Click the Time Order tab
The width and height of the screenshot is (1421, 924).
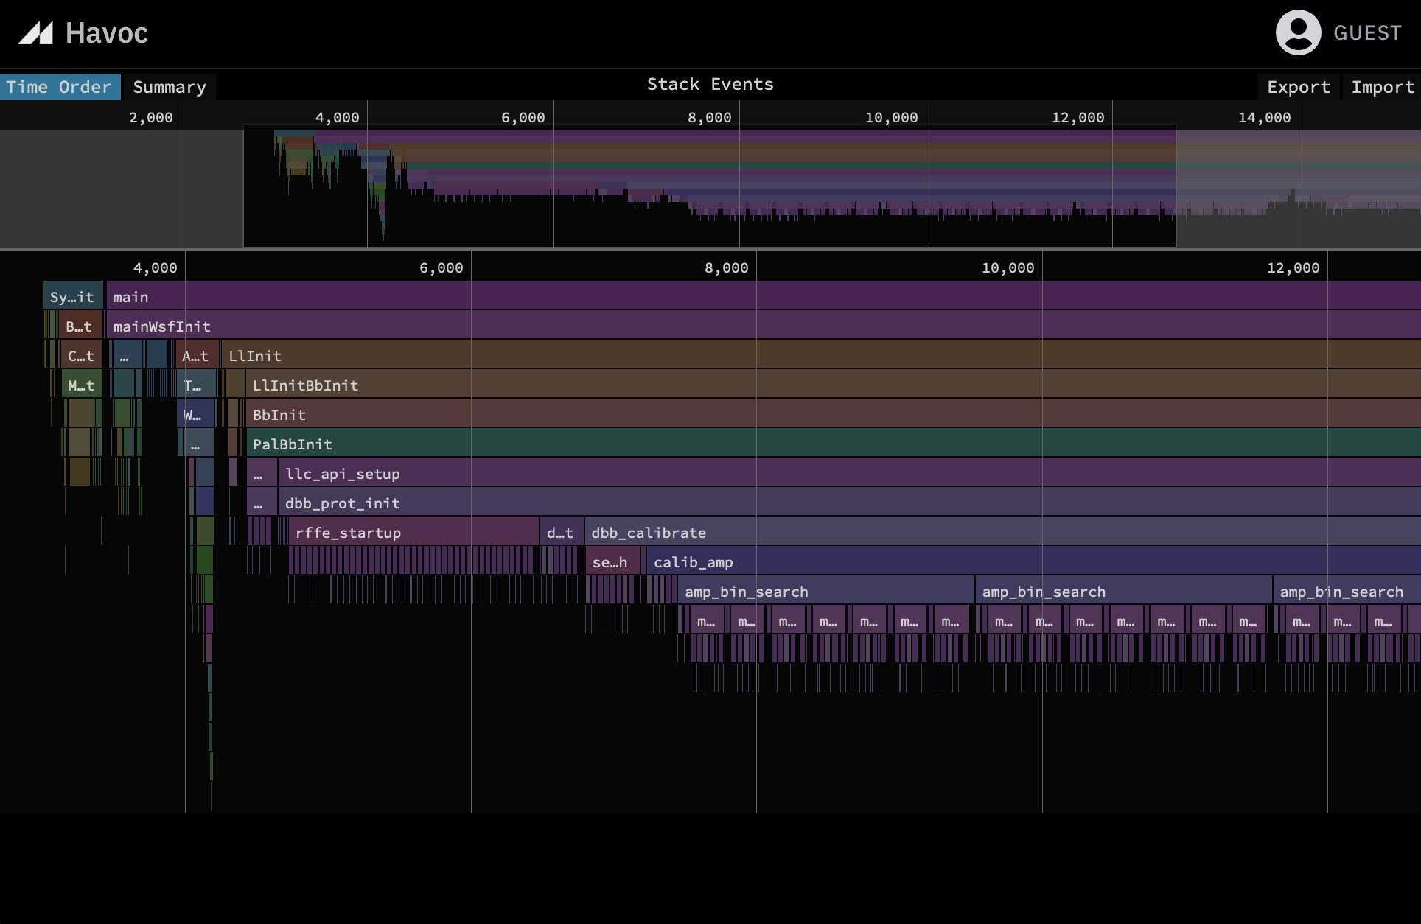[59, 87]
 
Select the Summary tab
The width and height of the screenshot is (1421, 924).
[169, 87]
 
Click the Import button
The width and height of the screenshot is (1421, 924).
[1382, 87]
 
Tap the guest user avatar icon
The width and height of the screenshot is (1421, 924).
[1298, 32]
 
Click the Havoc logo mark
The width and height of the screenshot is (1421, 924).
[36, 33]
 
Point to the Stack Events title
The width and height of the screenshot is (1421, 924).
[710, 84]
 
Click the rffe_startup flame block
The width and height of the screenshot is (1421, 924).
[413, 533]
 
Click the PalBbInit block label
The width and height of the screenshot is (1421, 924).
[293, 444]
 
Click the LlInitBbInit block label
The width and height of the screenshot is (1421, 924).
[305, 385]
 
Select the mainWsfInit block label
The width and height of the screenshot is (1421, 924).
[162, 326]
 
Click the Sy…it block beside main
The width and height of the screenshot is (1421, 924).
[72, 297]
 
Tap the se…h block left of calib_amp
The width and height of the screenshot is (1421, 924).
[610, 562]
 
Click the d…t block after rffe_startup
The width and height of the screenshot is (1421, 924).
[560, 533]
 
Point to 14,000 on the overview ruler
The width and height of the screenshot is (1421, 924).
[1264, 117]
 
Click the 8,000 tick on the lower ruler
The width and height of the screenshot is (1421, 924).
[727, 267]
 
